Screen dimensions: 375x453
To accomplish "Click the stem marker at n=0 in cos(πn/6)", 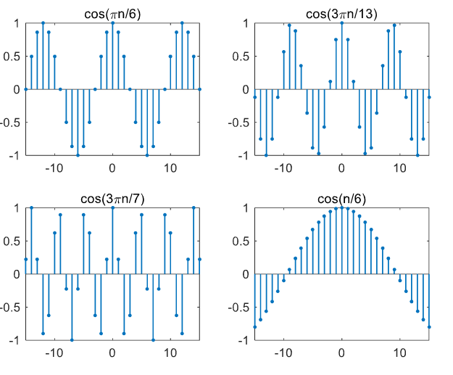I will click(112, 23).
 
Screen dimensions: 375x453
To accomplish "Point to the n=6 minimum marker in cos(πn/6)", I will click(147, 155).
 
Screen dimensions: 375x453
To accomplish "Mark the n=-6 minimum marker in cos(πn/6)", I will click(78, 155).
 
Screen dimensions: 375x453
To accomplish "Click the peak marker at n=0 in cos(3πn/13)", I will click(341, 23).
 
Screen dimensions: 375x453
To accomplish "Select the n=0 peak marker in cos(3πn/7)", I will click(112, 208).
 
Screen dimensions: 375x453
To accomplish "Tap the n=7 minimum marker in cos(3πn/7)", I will click(153, 339).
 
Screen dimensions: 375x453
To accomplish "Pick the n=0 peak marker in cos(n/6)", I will click(341, 208).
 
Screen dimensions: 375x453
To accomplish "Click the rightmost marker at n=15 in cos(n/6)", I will click(429, 326).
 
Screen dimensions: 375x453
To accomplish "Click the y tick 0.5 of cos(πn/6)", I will click(13, 56).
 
